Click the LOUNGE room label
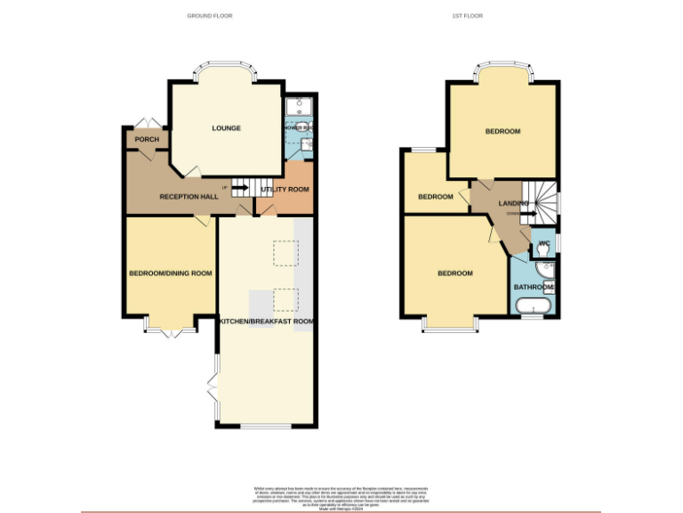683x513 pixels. click(226, 128)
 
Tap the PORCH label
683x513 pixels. click(147, 140)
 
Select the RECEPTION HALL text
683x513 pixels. click(189, 196)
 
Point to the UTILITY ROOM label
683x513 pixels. click(285, 190)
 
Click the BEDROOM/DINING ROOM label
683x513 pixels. click(171, 273)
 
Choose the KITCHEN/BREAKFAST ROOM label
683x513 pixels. click(267, 321)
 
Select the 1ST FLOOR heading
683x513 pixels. click(467, 16)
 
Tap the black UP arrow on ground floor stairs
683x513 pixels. click(238, 188)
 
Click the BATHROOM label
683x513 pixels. click(534, 288)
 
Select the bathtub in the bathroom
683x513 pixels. click(534, 306)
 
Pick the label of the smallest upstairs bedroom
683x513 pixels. click(436, 197)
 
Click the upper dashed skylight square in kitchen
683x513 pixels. click(285, 254)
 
